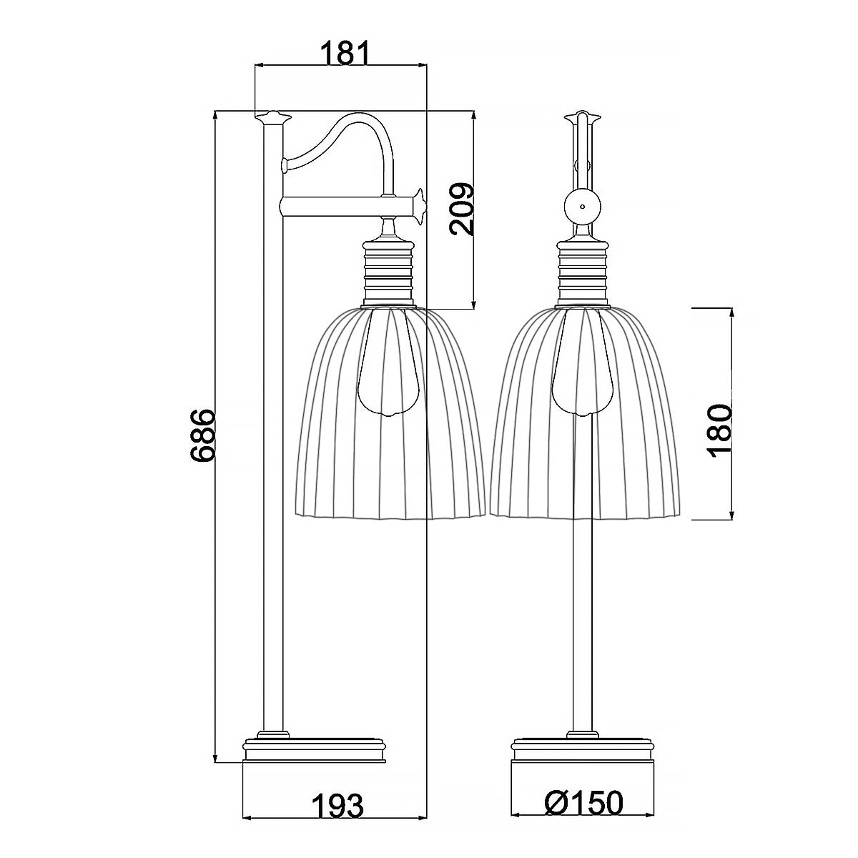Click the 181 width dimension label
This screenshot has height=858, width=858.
[x=342, y=53]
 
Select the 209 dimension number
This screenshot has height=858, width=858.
[x=462, y=209]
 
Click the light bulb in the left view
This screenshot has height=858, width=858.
[x=388, y=365]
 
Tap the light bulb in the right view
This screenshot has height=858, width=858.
[x=582, y=365]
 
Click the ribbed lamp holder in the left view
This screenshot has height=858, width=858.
[x=389, y=272]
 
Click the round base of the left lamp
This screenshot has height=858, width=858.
[x=315, y=751]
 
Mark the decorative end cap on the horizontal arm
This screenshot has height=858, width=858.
[x=418, y=205]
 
